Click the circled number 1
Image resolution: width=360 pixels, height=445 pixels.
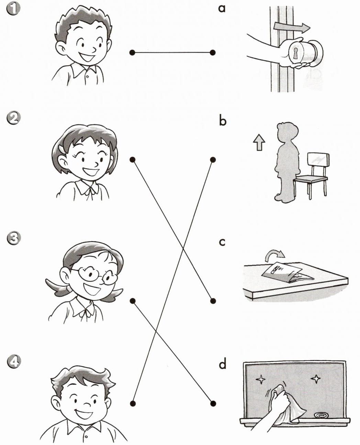[x=13, y=10]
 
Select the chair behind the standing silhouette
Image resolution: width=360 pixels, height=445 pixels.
[x=311, y=176]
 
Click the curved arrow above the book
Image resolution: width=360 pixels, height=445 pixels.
[x=274, y=255]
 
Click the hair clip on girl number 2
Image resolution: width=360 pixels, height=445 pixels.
[x=61, y=149]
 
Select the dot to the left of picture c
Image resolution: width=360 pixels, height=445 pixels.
[x=213, y=301]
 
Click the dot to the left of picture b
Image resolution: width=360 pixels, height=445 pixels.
[x=213, y=160]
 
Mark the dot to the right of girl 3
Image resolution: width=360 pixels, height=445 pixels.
[x=133, y=301]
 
